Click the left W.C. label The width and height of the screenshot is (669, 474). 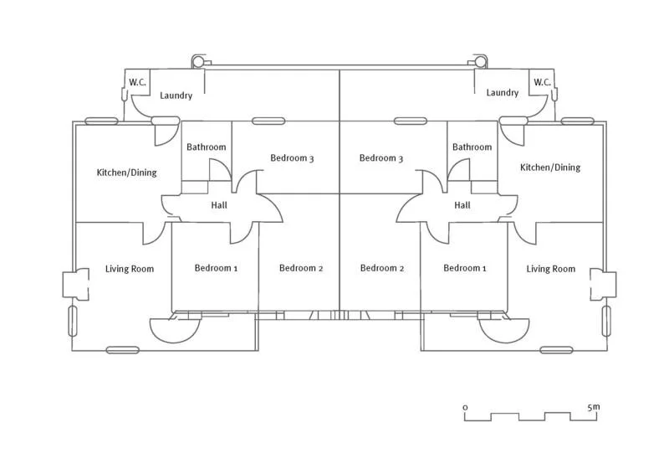pyautogui.click(x=136, y=82)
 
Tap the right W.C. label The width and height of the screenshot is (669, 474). pyautogui.click(x=542, y=82)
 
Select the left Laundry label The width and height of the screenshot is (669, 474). pyautogui.click(x=176, y=95)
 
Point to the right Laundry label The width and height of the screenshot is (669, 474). pyautogui.click(x=503, y=93)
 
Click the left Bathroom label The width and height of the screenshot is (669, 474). pyautogui.click(x=206, y=147)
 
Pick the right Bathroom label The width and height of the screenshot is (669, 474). pyautogui.click(x=472, y=147)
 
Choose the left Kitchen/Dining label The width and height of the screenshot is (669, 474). pyautogui.click(x=127, y=173)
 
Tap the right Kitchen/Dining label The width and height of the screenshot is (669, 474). pyautogui.click(x=550, y=167)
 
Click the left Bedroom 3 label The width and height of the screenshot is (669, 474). pyautogui.click(x=292, y=158)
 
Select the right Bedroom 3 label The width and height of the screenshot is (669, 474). pyautogui.click(x=381, y=158)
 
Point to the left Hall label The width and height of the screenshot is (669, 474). pyautogui.click(x=220, y=205)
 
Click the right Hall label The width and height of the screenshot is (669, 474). pyautogui.click(x=462, y=205)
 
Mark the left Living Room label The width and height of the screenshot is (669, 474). pyautogui.click(x=130, y=269)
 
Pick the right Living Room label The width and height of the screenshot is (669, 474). pyautogui.click(x=551, y=269)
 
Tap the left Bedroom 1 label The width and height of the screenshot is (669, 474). pyautogui.click(x=217, y=268)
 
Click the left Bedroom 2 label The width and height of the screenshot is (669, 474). pyautogui.click(x=301, y=268)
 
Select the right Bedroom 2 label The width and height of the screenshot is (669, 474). pyautogui.click(x=382, y=268)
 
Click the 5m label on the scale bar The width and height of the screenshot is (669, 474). pyautogui.click(x=594, y=407)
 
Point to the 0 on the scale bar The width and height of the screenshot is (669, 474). pyautogui.click(x=465, y=407)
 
